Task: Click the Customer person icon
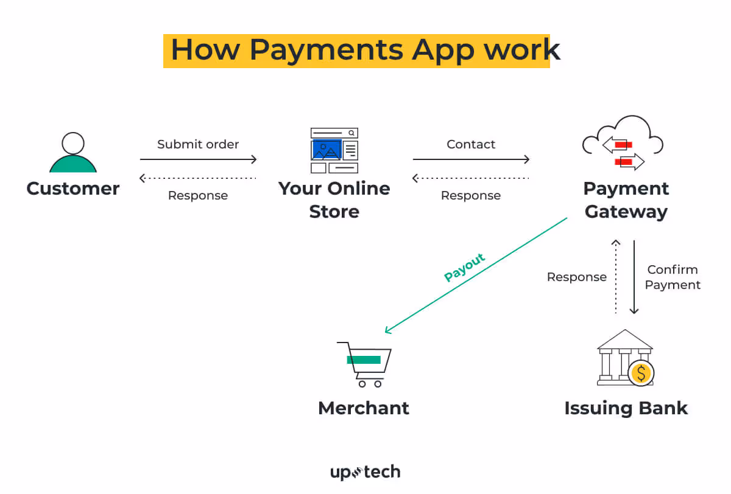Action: click(73, 153)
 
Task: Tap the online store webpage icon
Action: click(334, 150)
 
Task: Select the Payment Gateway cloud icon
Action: click(623, 144)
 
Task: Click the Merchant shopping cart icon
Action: click(364, 364)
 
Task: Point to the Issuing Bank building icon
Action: click(624, 358)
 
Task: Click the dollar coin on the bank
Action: click(641, 372)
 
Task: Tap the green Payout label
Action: click(465, 267)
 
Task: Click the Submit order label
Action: click(198, 144)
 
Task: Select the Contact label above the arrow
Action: click(471, 144)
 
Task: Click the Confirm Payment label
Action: click(673, 277)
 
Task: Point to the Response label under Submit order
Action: click(198, 195)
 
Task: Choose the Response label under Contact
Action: click(471, 195)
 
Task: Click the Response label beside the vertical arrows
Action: click(576, 277)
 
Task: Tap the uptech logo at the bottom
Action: click(365, 472)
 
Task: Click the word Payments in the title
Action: click(326, 49)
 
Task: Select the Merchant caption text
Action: click(364, 408)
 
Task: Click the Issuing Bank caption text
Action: click(626, 408)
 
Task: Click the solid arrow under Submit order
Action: click(198, 160)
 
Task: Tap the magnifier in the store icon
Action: click(351, 132)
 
